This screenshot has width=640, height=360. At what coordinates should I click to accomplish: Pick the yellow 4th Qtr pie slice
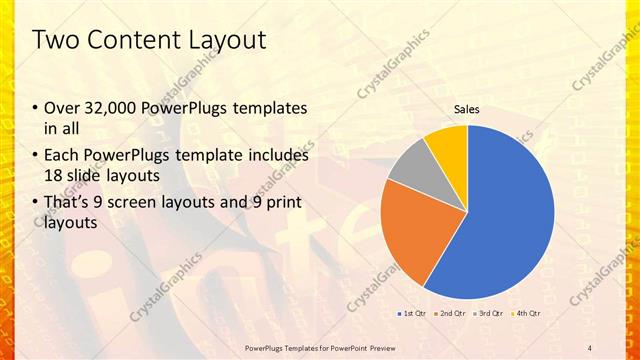[448, 145]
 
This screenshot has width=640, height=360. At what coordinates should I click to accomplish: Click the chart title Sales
[467, 109]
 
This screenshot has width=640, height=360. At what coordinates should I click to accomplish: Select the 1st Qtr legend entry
[413, 314]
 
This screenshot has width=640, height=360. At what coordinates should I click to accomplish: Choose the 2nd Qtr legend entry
[451, 314]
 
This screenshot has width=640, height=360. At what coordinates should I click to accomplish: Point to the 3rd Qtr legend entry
[489, 314]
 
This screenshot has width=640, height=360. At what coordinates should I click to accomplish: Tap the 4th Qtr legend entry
[527, 314]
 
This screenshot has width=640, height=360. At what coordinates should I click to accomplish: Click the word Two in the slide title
[55, 40]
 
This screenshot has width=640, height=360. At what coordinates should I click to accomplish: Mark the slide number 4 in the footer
[590, 347]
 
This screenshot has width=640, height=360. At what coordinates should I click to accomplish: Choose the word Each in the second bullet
[61, 156]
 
